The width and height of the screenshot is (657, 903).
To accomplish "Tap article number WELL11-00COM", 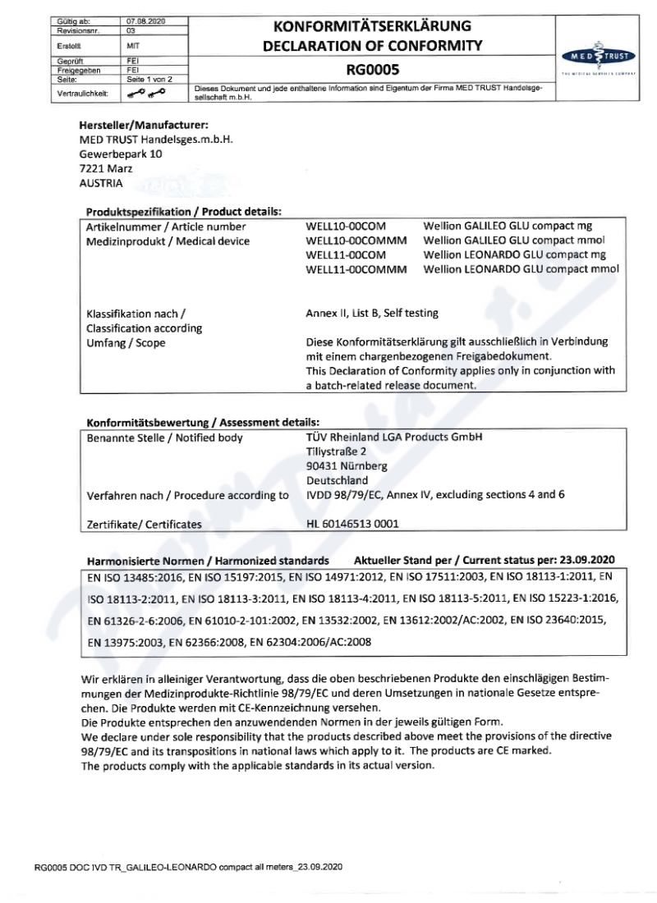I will click(x=346, y=254).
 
